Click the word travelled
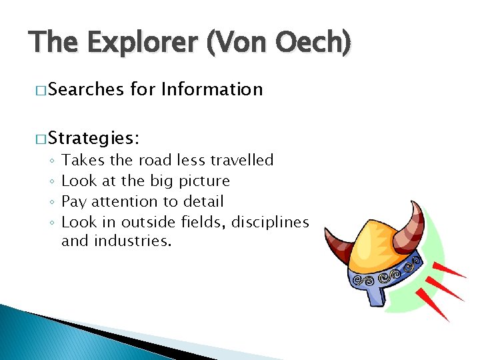point(241,160)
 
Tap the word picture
point(204,181)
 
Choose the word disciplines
point(270,222)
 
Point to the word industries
point(133,241)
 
